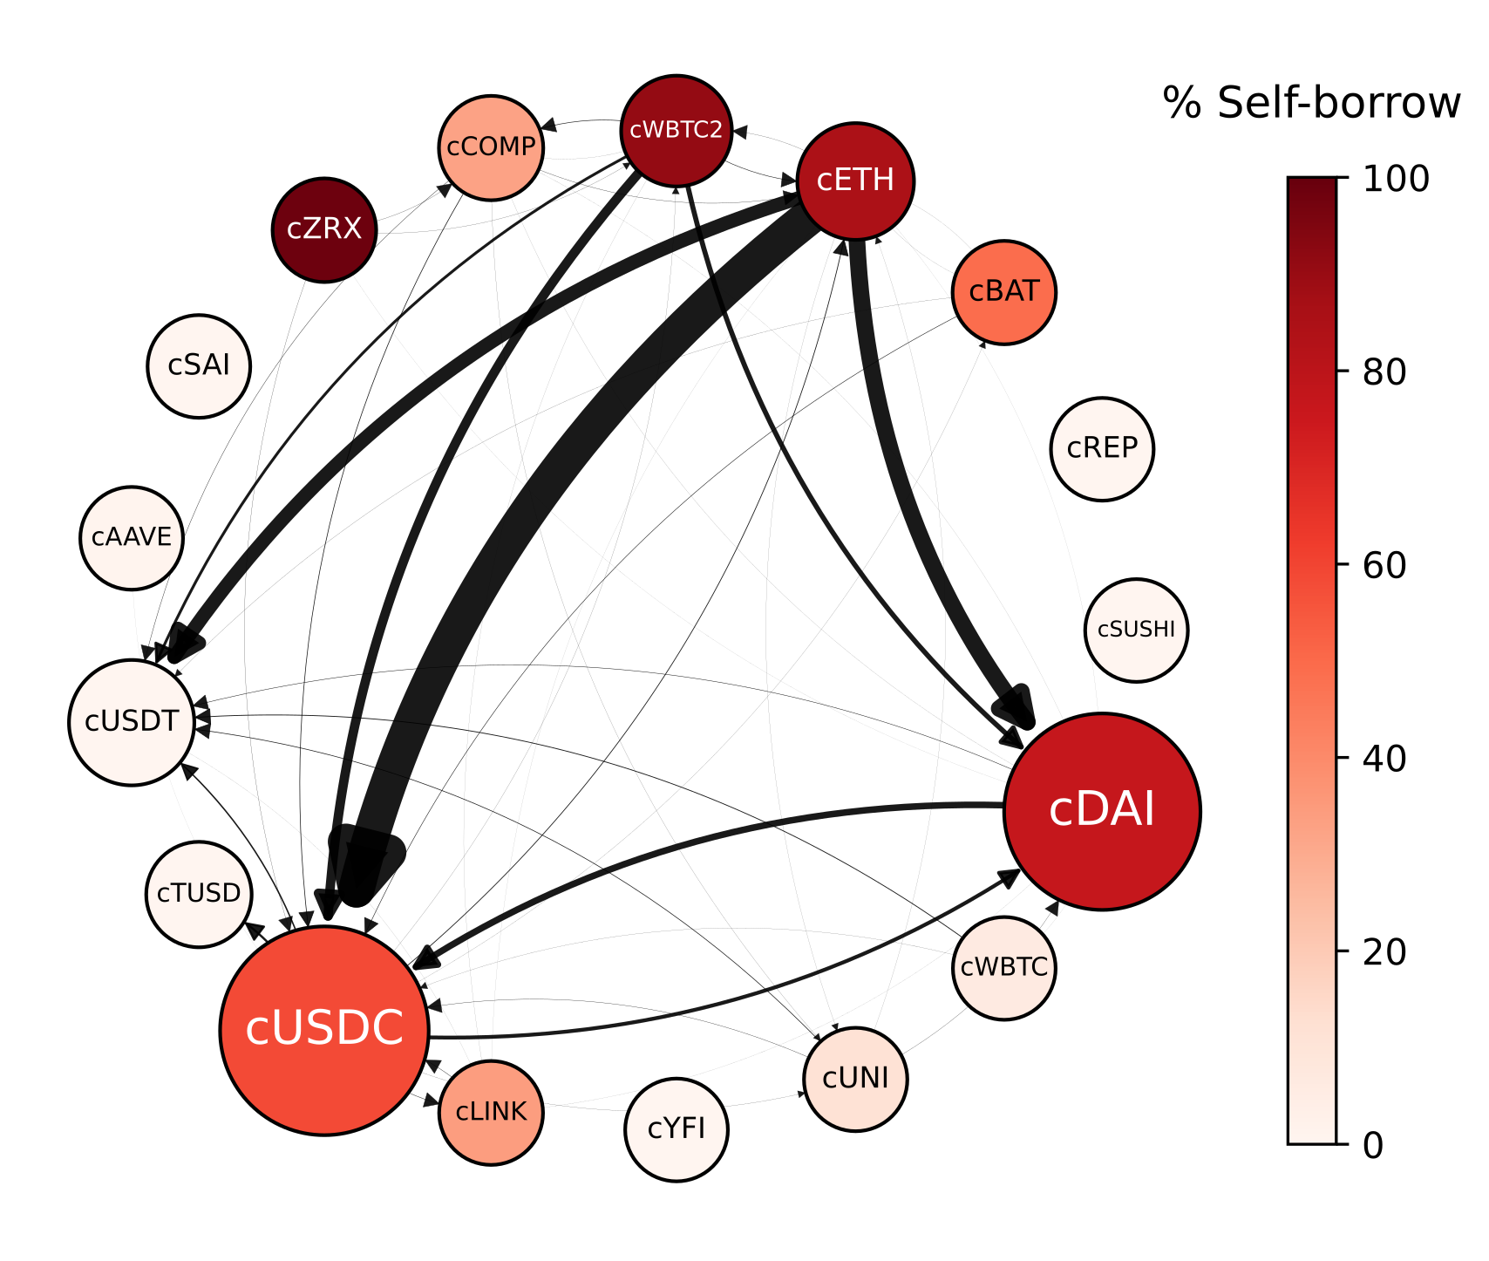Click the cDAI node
(x=1102, y=811)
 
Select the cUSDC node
(x=324, y=1030)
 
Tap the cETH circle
(x=855, y=181)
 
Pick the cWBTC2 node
(x=677, y=130)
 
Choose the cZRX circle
(x=324, y=229)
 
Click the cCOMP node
(x=491, y=147)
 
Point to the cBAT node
(x=1004, y=291)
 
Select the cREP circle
(x=1102, y=448)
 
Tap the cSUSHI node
(x=1136, y=630)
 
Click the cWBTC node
(x=1004, y=967)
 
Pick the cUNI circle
(x=855, y=1079)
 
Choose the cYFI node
(x=677, y=1129)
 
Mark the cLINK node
(x=491, y=1112)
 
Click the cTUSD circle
(x=199, y=894)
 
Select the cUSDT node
(x=132, y=722)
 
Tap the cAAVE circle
(x=132, y=537)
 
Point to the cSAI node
(x=199, y=366)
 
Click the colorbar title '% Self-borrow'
(x=1311, y=104)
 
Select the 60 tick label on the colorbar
(x=1384, y=566)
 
